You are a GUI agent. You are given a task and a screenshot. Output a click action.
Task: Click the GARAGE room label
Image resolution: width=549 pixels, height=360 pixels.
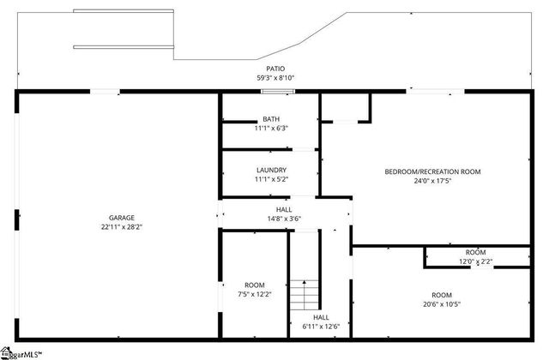pyautogui.click(x=121, y=218)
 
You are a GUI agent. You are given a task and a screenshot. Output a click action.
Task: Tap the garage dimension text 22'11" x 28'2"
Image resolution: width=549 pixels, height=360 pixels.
pyautogui.click(x=121, y=227)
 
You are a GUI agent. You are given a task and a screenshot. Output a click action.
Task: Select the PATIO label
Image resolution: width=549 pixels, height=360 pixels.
pyautogui.click(x=274, y=68)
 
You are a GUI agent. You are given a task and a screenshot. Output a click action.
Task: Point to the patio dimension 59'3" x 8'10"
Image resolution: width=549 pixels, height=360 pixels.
pyautogui.click(x=274, y=77)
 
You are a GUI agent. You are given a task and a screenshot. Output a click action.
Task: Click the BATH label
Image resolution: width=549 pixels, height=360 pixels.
pyautogui.click(x=270, y=119)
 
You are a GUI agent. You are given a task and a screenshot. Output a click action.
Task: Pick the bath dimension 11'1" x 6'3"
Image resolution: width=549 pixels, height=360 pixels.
pyautogui.click(x=270, y=129)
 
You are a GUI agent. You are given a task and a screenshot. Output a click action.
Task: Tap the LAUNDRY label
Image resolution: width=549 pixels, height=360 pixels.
pyautogui.click(x=270, y=170)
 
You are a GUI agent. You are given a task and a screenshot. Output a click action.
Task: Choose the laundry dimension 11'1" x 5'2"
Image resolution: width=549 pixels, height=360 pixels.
pyautogui.click(x=270, y=179)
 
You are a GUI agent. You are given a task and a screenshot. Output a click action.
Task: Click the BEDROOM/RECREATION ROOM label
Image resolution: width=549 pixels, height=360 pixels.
pyautogui.click(x=431, y=171)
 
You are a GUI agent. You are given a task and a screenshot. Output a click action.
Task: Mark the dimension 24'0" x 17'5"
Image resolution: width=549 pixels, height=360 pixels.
pyautogui.click(x=431, y=181)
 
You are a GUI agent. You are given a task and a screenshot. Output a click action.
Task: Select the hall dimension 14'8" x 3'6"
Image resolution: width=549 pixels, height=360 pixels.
pyautogui.click(x=283, y=219)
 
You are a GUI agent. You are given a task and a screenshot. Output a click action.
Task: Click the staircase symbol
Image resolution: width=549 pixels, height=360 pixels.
pyautogui.click(x=302, y=295)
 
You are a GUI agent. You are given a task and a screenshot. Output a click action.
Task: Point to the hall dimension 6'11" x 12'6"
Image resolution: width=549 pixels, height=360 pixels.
pyautogui.click(x=321, y=326)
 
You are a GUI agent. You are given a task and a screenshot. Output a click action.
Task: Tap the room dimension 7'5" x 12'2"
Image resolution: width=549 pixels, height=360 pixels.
pyautogui.click(x=254, y=295)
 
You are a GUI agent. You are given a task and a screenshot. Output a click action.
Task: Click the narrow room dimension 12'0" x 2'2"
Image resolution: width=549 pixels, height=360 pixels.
pyautogui.click(x=476, y=261)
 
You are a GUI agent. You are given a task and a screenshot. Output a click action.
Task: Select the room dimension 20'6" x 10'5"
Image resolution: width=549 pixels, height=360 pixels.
pyautogui.click(x=441, y=304)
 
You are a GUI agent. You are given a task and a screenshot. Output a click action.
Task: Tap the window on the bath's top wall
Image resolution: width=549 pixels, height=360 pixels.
pyautogui.click(x=278, y=91)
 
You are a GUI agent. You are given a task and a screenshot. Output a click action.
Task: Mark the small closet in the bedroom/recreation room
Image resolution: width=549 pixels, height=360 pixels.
pyautogui.click(x=345, y=107)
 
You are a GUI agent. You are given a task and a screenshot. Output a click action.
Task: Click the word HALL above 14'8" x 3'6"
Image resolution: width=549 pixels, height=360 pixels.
pyautogui.click(x=283, y=209)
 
